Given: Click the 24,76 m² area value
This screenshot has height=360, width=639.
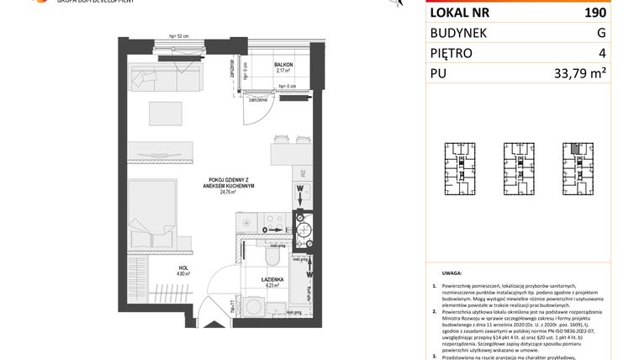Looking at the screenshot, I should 227,192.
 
